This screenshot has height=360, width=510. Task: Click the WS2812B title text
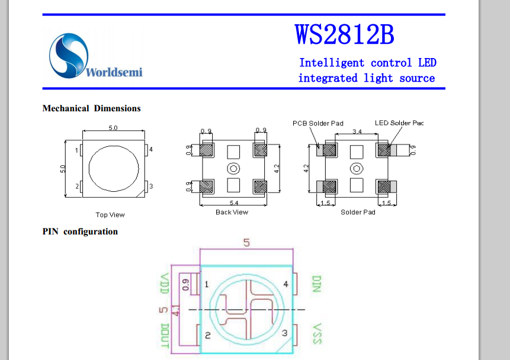coord(344,35)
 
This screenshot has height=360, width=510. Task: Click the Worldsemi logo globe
coord(68,55)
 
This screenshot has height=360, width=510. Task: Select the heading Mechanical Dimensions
coord(91,108)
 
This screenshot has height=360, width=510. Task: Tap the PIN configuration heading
coord(80,232)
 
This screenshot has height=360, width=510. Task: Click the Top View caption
coord(110,215)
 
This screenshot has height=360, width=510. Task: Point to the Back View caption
coord(232,212)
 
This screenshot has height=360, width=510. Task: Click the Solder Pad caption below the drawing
coord(358,212)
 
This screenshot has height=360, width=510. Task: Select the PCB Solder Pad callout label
coord(318,123)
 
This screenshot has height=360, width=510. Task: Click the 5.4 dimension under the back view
coord(233,203)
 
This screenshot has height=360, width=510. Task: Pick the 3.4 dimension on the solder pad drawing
coord(357,131)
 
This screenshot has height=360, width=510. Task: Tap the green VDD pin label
coord(165,285)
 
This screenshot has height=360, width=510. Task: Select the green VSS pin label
coord(316,335)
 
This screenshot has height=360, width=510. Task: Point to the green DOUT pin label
coord(165,336)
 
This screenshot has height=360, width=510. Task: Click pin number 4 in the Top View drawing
coord(151,150)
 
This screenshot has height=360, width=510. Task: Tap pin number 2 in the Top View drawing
coord(76,187)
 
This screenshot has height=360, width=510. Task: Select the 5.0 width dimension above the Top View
coord(113,128)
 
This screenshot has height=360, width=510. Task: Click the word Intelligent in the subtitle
coord(331,63)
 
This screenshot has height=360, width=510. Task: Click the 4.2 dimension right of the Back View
coord(276,169)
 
